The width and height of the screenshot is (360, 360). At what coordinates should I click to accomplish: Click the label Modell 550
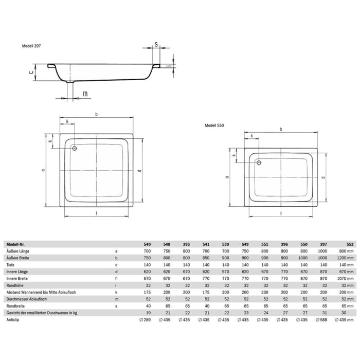pos(214,125)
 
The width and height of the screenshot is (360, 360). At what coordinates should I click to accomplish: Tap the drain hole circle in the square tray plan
pos(75,149)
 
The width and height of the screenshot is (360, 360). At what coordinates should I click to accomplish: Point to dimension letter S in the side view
pos(156,45)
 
